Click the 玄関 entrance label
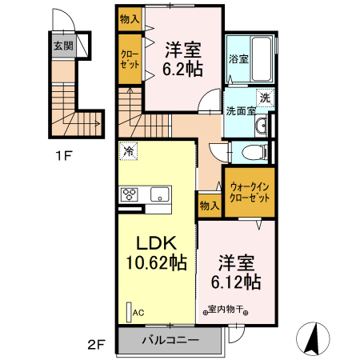(63, 46)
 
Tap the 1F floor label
(66, 156)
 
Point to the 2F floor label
(97, 345)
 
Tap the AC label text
(138, 313)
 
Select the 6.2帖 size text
(182, 68)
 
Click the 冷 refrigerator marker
(128, 150)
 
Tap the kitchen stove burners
(130, 194)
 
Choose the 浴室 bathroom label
(238, 59)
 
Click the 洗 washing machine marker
(265, 98)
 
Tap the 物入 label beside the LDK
(209, 206)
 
